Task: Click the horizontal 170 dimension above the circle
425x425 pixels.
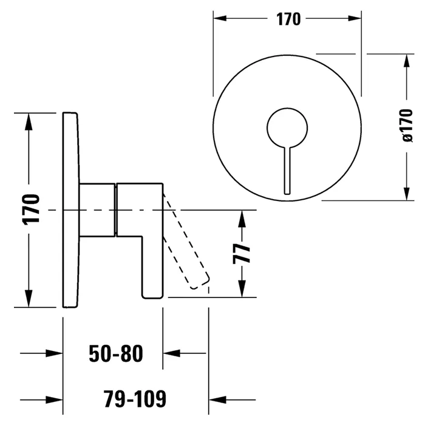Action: click(289, 19)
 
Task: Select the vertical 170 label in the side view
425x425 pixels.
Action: click(32, 209)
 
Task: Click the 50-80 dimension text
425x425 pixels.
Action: click(115, 353)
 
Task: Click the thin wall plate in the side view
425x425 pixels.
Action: click(70, 209)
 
